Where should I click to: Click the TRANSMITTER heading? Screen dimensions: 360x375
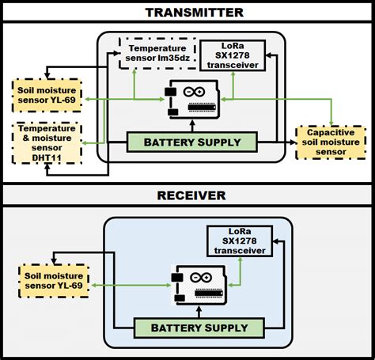(187, 12)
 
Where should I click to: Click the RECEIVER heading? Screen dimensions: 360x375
(187, 195)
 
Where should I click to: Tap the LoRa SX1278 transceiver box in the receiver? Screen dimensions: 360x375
(238, 240)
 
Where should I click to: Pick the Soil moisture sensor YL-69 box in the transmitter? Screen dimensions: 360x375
(46, 97)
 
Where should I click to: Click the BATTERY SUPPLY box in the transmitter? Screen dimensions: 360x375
(194, 143)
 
